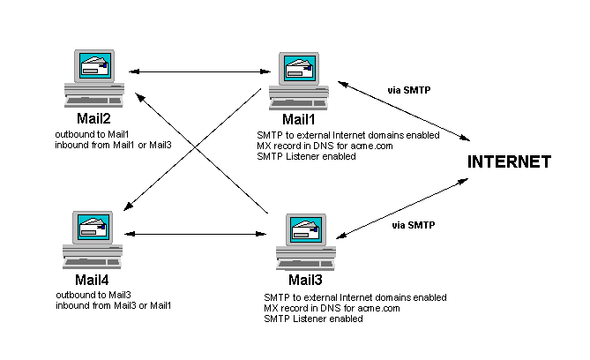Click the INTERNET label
[509, 162]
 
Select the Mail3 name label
[303, 281]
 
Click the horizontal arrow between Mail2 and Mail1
[199, 71]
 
